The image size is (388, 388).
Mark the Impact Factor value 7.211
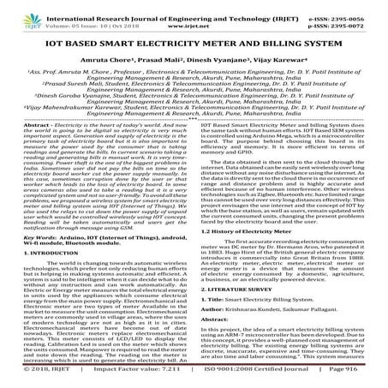(151, 380)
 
